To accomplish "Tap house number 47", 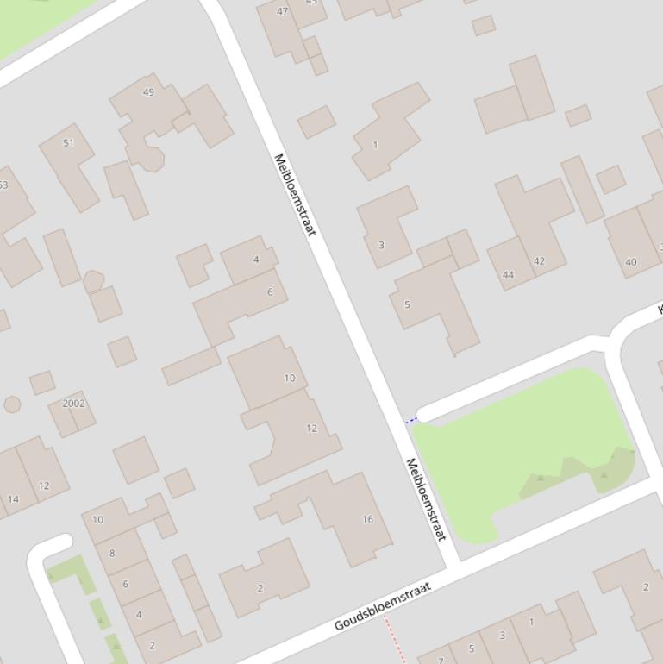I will [282, 11].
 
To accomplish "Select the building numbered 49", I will [148, 92].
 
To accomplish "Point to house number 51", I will [68, 142].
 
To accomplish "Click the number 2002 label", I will [74, 403].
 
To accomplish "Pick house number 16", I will [367, 519].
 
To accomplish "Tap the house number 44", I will [508, 275].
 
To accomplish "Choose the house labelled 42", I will [539, 261].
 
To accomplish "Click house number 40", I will [630, 262].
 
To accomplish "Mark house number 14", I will [13, 498].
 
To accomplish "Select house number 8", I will [112, 553].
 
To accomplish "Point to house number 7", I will [441, 660].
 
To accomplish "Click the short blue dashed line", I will [411, 421].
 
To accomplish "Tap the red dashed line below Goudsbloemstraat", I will [393, 637].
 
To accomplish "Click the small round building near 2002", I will [12, 404].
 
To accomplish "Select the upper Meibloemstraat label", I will [294, 194].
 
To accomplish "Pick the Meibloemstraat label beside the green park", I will [426, 499].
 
